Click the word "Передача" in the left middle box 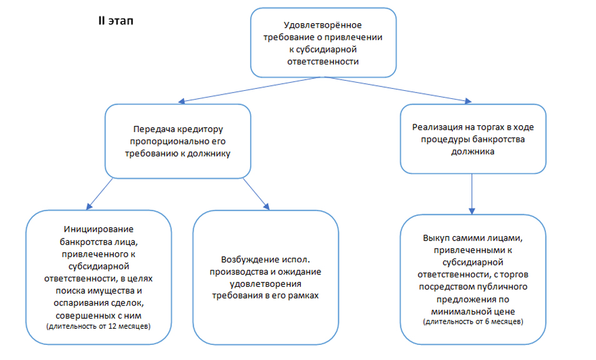coord(149,130)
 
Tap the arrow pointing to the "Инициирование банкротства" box coord(100,193)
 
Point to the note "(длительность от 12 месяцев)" coord(98,327)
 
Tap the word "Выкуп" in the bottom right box coord(435,239)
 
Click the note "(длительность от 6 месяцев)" coord(473,321)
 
